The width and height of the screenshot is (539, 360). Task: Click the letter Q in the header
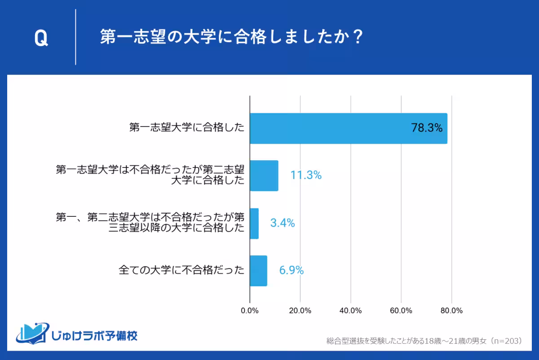[41, 39]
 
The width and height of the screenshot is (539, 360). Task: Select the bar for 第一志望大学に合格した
[348, 128]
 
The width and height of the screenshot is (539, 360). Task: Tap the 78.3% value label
[427, 128]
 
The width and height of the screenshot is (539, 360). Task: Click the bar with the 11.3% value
[264, 176]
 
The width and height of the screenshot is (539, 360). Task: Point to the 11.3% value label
[306, 176]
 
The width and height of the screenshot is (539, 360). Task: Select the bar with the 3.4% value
[254, 223]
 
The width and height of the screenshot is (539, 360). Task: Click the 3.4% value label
[282, 223]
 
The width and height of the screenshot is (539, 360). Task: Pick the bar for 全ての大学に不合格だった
[258, 271]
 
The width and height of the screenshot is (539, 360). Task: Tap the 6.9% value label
[292, 271]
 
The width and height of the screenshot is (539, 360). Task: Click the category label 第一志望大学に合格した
[186, 128]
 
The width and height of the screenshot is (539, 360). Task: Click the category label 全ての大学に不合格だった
[181, 271]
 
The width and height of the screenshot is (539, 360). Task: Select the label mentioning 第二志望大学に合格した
[150, 176]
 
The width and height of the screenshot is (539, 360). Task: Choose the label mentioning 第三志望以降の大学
[150, 223]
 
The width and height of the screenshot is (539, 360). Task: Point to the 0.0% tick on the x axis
[250, 311]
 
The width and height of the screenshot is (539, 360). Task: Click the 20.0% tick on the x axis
[300, 311]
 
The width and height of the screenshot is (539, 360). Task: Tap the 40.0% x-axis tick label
[351, 311]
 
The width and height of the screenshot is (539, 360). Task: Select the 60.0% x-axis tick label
[401, 311]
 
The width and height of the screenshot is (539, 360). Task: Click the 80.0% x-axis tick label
[451, 311]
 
